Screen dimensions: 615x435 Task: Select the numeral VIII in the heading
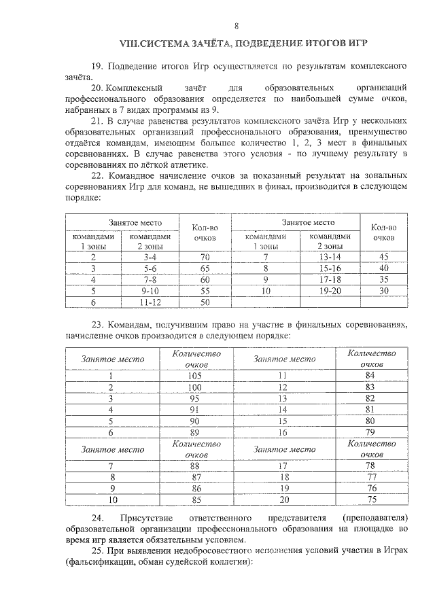coord(130,44)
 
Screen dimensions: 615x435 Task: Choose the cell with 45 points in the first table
coord(383,258)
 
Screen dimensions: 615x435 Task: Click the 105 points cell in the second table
coord(196,376)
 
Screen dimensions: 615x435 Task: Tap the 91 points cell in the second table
coord(196,409)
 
